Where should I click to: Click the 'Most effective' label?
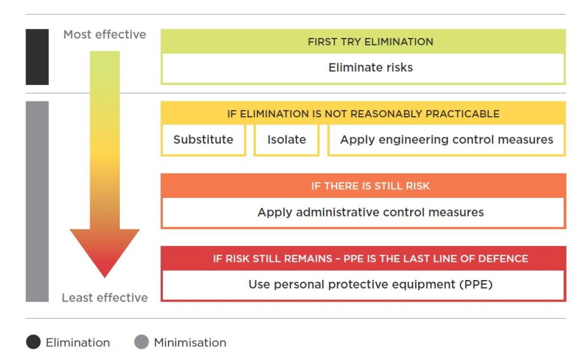[x=104, y=35]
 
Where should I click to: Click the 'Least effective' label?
[x=104, y=298]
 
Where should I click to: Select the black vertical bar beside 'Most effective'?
[x=37, y=57]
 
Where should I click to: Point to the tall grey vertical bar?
[x=37, y=201]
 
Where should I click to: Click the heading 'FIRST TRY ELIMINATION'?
[x=370, y=42]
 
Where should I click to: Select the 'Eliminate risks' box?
[x=370, y=68]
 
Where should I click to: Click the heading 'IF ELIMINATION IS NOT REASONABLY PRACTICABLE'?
[x=363, y=114]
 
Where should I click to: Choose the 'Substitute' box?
[x=203, y=140]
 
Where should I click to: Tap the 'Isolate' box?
[x=287, y=140]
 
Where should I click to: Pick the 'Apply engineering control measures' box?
[x=447, y=140]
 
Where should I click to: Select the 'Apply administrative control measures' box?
[x=370, y=213]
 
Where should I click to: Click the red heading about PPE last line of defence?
[x=370, y=259]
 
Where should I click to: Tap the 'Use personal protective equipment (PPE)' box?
[x=370, y=285]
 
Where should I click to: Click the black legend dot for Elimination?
[x=33, y=342]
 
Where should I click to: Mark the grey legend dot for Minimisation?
[x=141, y=342]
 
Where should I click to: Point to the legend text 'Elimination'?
[x=78, y=342]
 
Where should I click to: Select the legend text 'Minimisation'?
[x=190, y=342]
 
